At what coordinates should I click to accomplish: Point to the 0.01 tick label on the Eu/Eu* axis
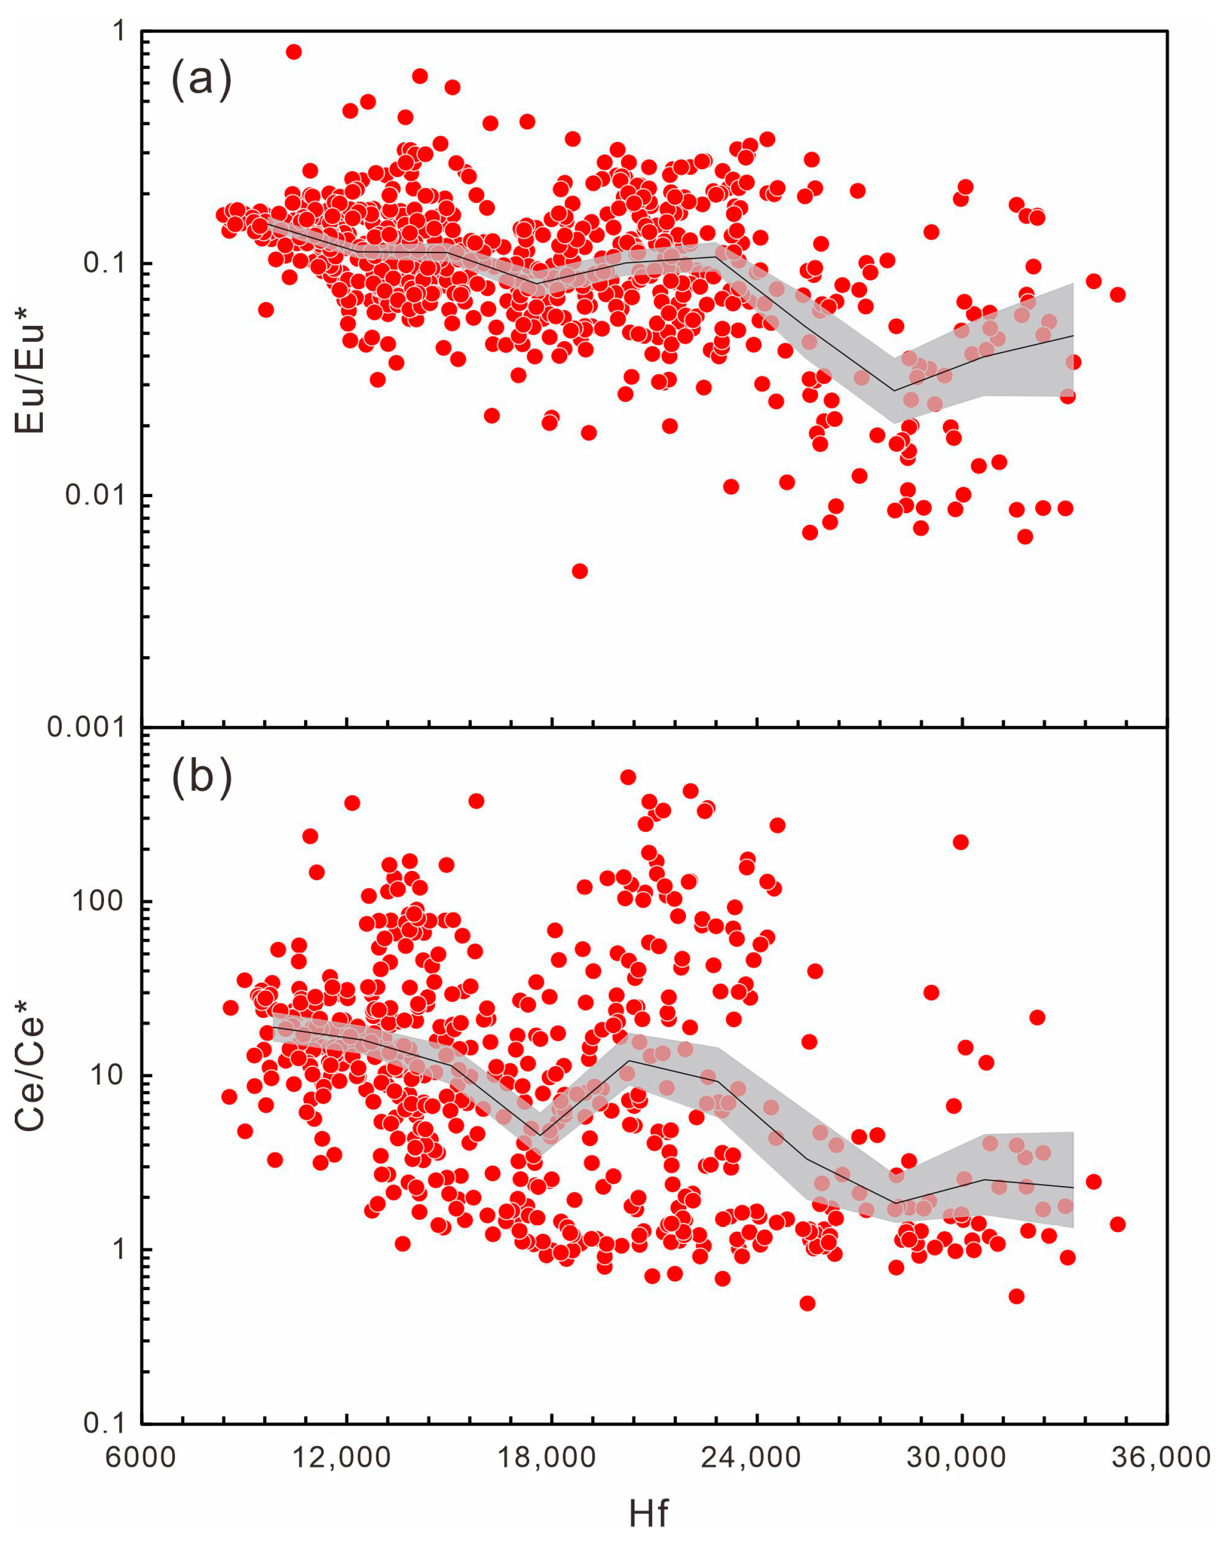(x=93, y=495)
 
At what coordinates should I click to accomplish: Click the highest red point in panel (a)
(x=293, y=52)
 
